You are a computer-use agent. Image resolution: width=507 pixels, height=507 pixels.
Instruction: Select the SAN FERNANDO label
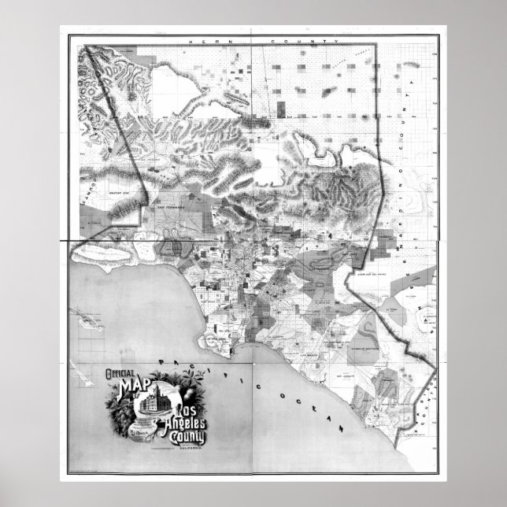click(x=171, y=206)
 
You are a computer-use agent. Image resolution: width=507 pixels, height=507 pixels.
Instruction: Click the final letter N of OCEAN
click(x=342, y=429)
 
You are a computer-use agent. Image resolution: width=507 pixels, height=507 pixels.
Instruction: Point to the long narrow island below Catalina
click(x=79, y=369)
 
